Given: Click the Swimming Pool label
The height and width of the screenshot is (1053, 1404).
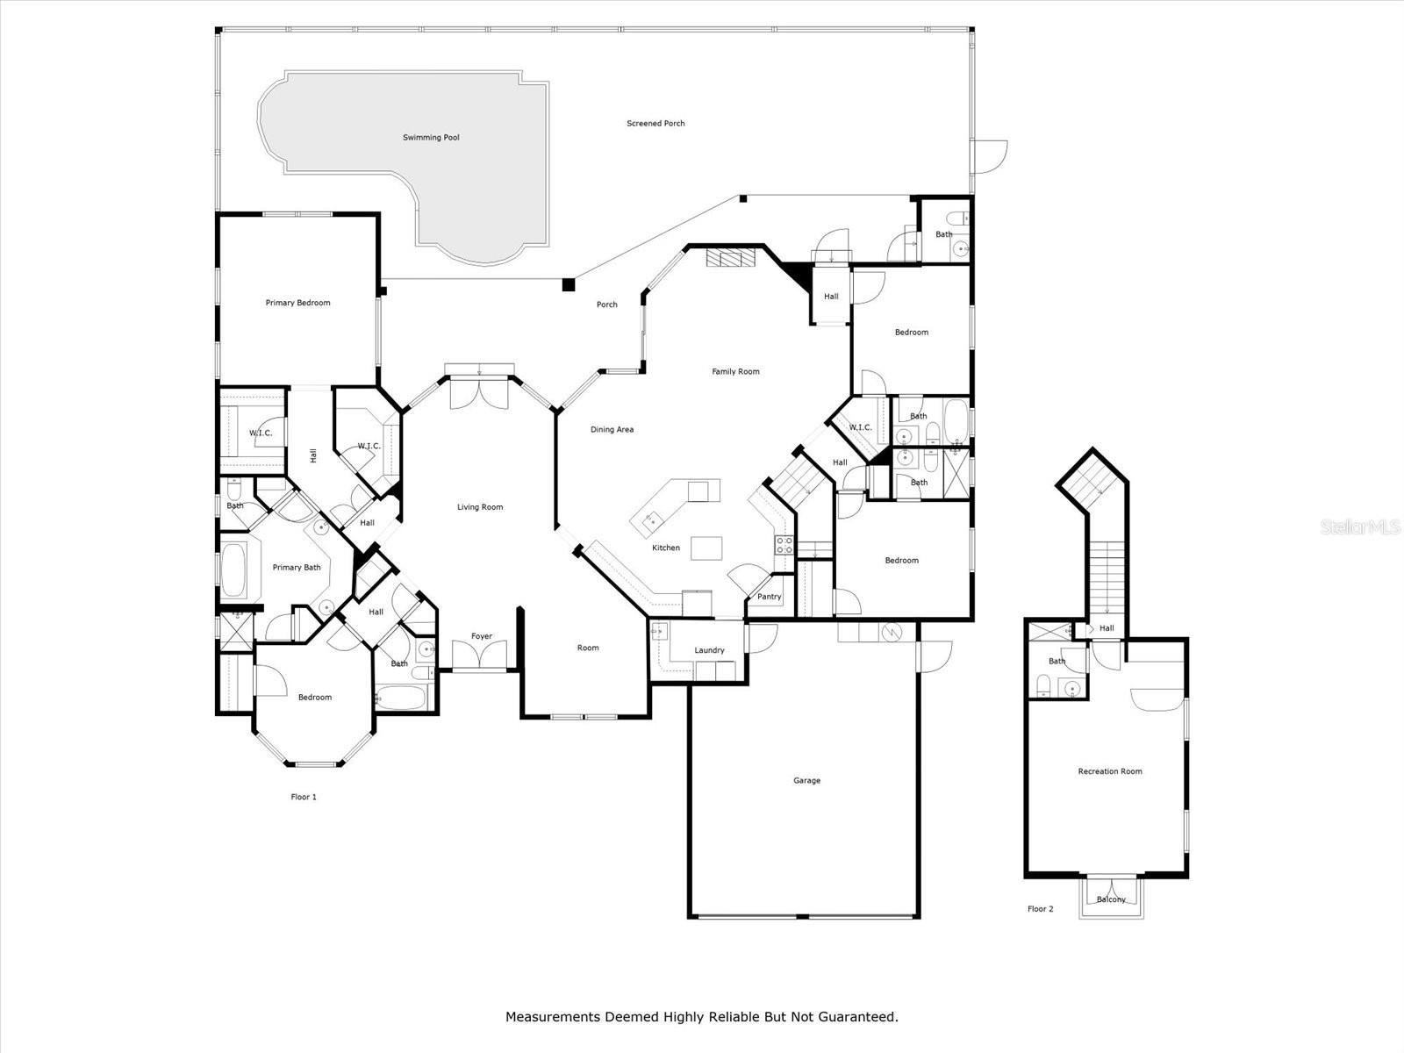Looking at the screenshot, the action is [x=431, y=138].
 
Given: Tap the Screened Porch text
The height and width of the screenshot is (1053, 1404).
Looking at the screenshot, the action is [x=655, y=124].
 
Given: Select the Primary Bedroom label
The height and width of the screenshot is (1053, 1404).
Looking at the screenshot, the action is [x=298, y=303].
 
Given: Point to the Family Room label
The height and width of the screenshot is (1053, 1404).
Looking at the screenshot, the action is [x=735, y=371].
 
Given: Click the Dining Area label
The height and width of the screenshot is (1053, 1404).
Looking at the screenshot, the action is [x=612, y=430].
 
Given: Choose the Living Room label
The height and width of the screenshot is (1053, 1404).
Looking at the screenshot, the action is [x=480, y=507].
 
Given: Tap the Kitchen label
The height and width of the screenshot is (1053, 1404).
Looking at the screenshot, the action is [x=666, y=548].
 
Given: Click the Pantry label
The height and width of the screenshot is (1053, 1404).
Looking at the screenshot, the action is [x=770, y=597].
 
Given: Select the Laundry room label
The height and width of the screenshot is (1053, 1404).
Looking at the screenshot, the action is [x=709, y=650].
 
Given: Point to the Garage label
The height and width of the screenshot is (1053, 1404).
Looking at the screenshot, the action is [x=806, y=781].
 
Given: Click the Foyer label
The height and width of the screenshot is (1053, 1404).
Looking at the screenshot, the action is [x=482, y=636].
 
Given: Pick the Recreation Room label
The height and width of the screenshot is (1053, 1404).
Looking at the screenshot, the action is [x=1110, y=771].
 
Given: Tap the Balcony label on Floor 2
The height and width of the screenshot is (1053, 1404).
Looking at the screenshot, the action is [x=1111, y=899].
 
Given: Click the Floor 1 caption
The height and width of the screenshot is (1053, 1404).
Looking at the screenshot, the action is [x=304, y=798].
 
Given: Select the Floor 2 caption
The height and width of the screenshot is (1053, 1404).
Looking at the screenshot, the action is [x=1041, y=909].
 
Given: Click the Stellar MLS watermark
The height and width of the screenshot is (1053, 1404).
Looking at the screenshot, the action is [x=1360, y=527].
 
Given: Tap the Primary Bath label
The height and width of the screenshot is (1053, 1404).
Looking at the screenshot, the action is [x=297, y=568].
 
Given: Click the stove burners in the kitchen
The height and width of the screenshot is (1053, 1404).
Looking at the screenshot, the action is [x=784, y=545].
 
